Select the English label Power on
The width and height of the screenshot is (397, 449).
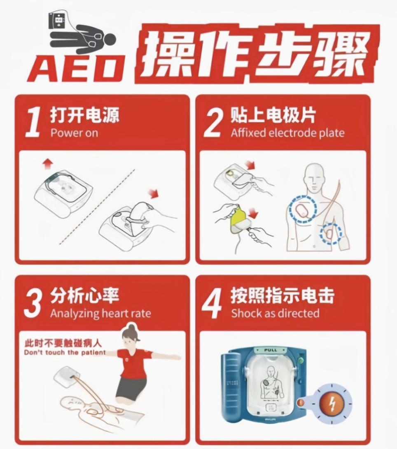point(74,133)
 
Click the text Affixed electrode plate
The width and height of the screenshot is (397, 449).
point(287,133)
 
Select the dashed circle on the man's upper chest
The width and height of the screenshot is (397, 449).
point(303,209)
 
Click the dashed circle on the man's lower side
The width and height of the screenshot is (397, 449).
point(331,233)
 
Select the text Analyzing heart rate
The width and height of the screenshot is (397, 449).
point(100,314)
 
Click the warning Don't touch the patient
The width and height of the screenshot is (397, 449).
point(64,352)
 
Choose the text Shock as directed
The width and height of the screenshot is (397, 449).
point(275,313)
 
